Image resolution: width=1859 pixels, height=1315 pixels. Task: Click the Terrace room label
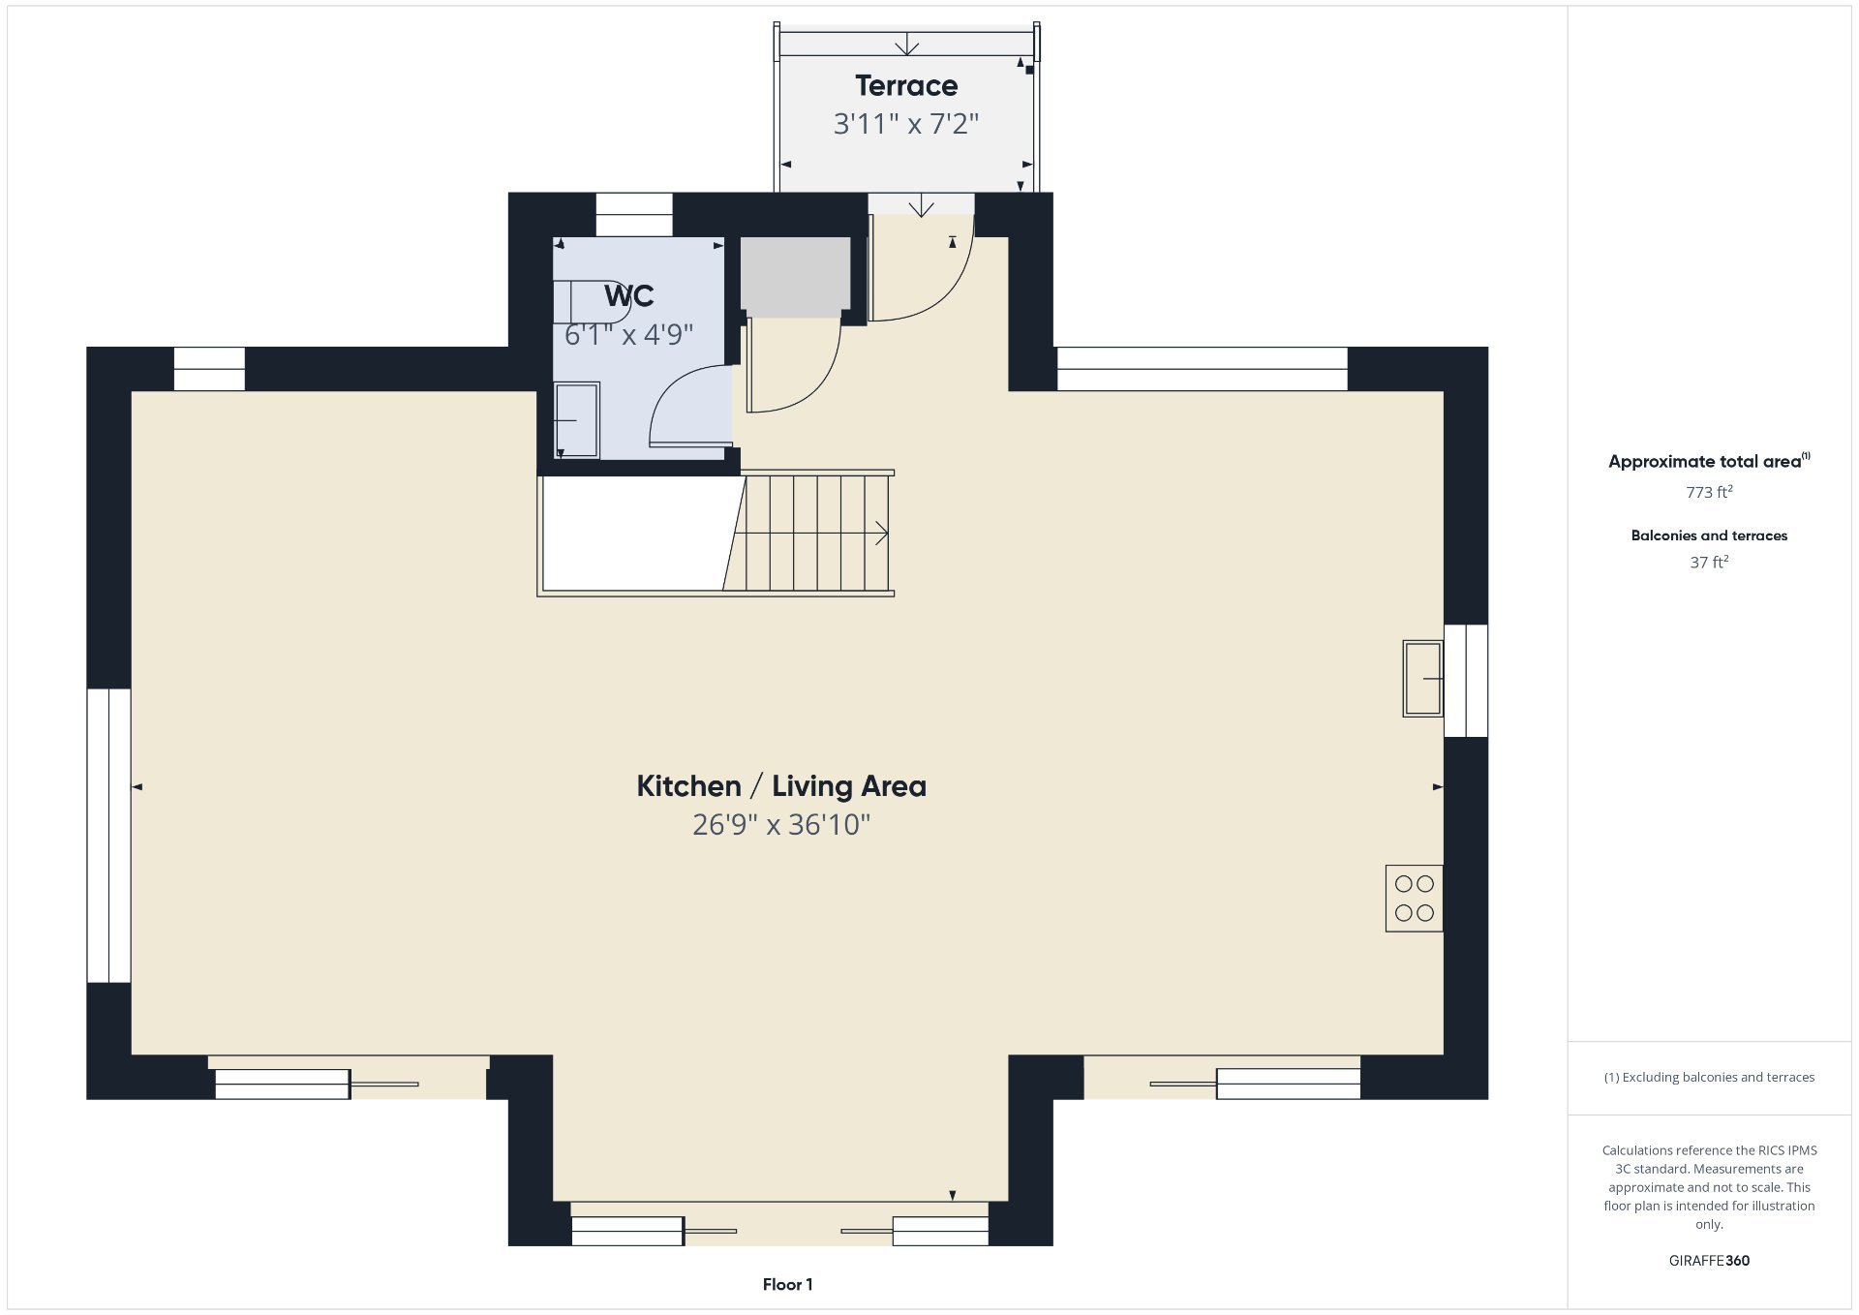[x=906, y=86]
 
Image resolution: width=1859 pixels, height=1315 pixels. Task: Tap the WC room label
[x=629, y=295]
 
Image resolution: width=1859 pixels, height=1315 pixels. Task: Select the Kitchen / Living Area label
[x=781, y=786]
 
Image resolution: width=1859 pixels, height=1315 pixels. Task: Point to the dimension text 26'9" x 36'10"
[x=781, y=825]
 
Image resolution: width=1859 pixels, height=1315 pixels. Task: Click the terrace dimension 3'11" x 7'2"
[x=906, y=124]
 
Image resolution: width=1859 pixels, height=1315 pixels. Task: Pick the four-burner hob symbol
[x=1414, y=899]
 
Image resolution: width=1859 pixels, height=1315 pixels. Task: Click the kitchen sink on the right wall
[x=1422, y=679]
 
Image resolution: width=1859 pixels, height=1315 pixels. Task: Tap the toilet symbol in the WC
[x=592, y=300]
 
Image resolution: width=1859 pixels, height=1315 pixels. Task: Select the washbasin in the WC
[x=576, y=420]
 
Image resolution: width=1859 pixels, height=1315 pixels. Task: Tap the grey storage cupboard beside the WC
[x=795, y=277]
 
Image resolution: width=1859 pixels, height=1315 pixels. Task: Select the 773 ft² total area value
[x=1709, y=492]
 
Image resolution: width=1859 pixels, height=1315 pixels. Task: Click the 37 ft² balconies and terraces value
[x=1709, y=563]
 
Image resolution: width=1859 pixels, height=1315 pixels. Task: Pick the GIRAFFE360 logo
[x=1709, y=1261]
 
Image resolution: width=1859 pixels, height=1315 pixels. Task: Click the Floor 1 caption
[x=787, y=1285]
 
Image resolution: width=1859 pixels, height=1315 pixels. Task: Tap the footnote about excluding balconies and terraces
[x=1709, y=1077]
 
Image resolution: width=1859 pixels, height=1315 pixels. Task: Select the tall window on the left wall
[x=108, y=836]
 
